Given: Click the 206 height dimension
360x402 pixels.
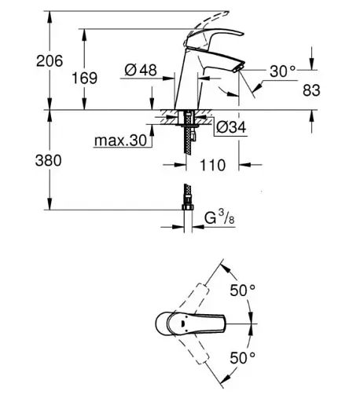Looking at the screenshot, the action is (50, 60).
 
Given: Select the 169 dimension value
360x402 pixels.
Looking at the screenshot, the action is (84, 78).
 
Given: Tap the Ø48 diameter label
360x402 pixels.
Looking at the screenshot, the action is (141, 70).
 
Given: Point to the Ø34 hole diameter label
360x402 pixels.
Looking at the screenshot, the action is (231, 127).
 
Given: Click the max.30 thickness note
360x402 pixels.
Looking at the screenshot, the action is (120, 141).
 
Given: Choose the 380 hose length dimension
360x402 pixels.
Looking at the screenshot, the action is (49, 160).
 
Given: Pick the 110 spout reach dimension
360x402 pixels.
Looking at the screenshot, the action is (212, 165).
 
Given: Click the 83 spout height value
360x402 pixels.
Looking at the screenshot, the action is (311, 90).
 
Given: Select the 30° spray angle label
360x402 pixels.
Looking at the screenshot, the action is (282, 71).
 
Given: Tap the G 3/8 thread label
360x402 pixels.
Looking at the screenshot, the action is (219, 218).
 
